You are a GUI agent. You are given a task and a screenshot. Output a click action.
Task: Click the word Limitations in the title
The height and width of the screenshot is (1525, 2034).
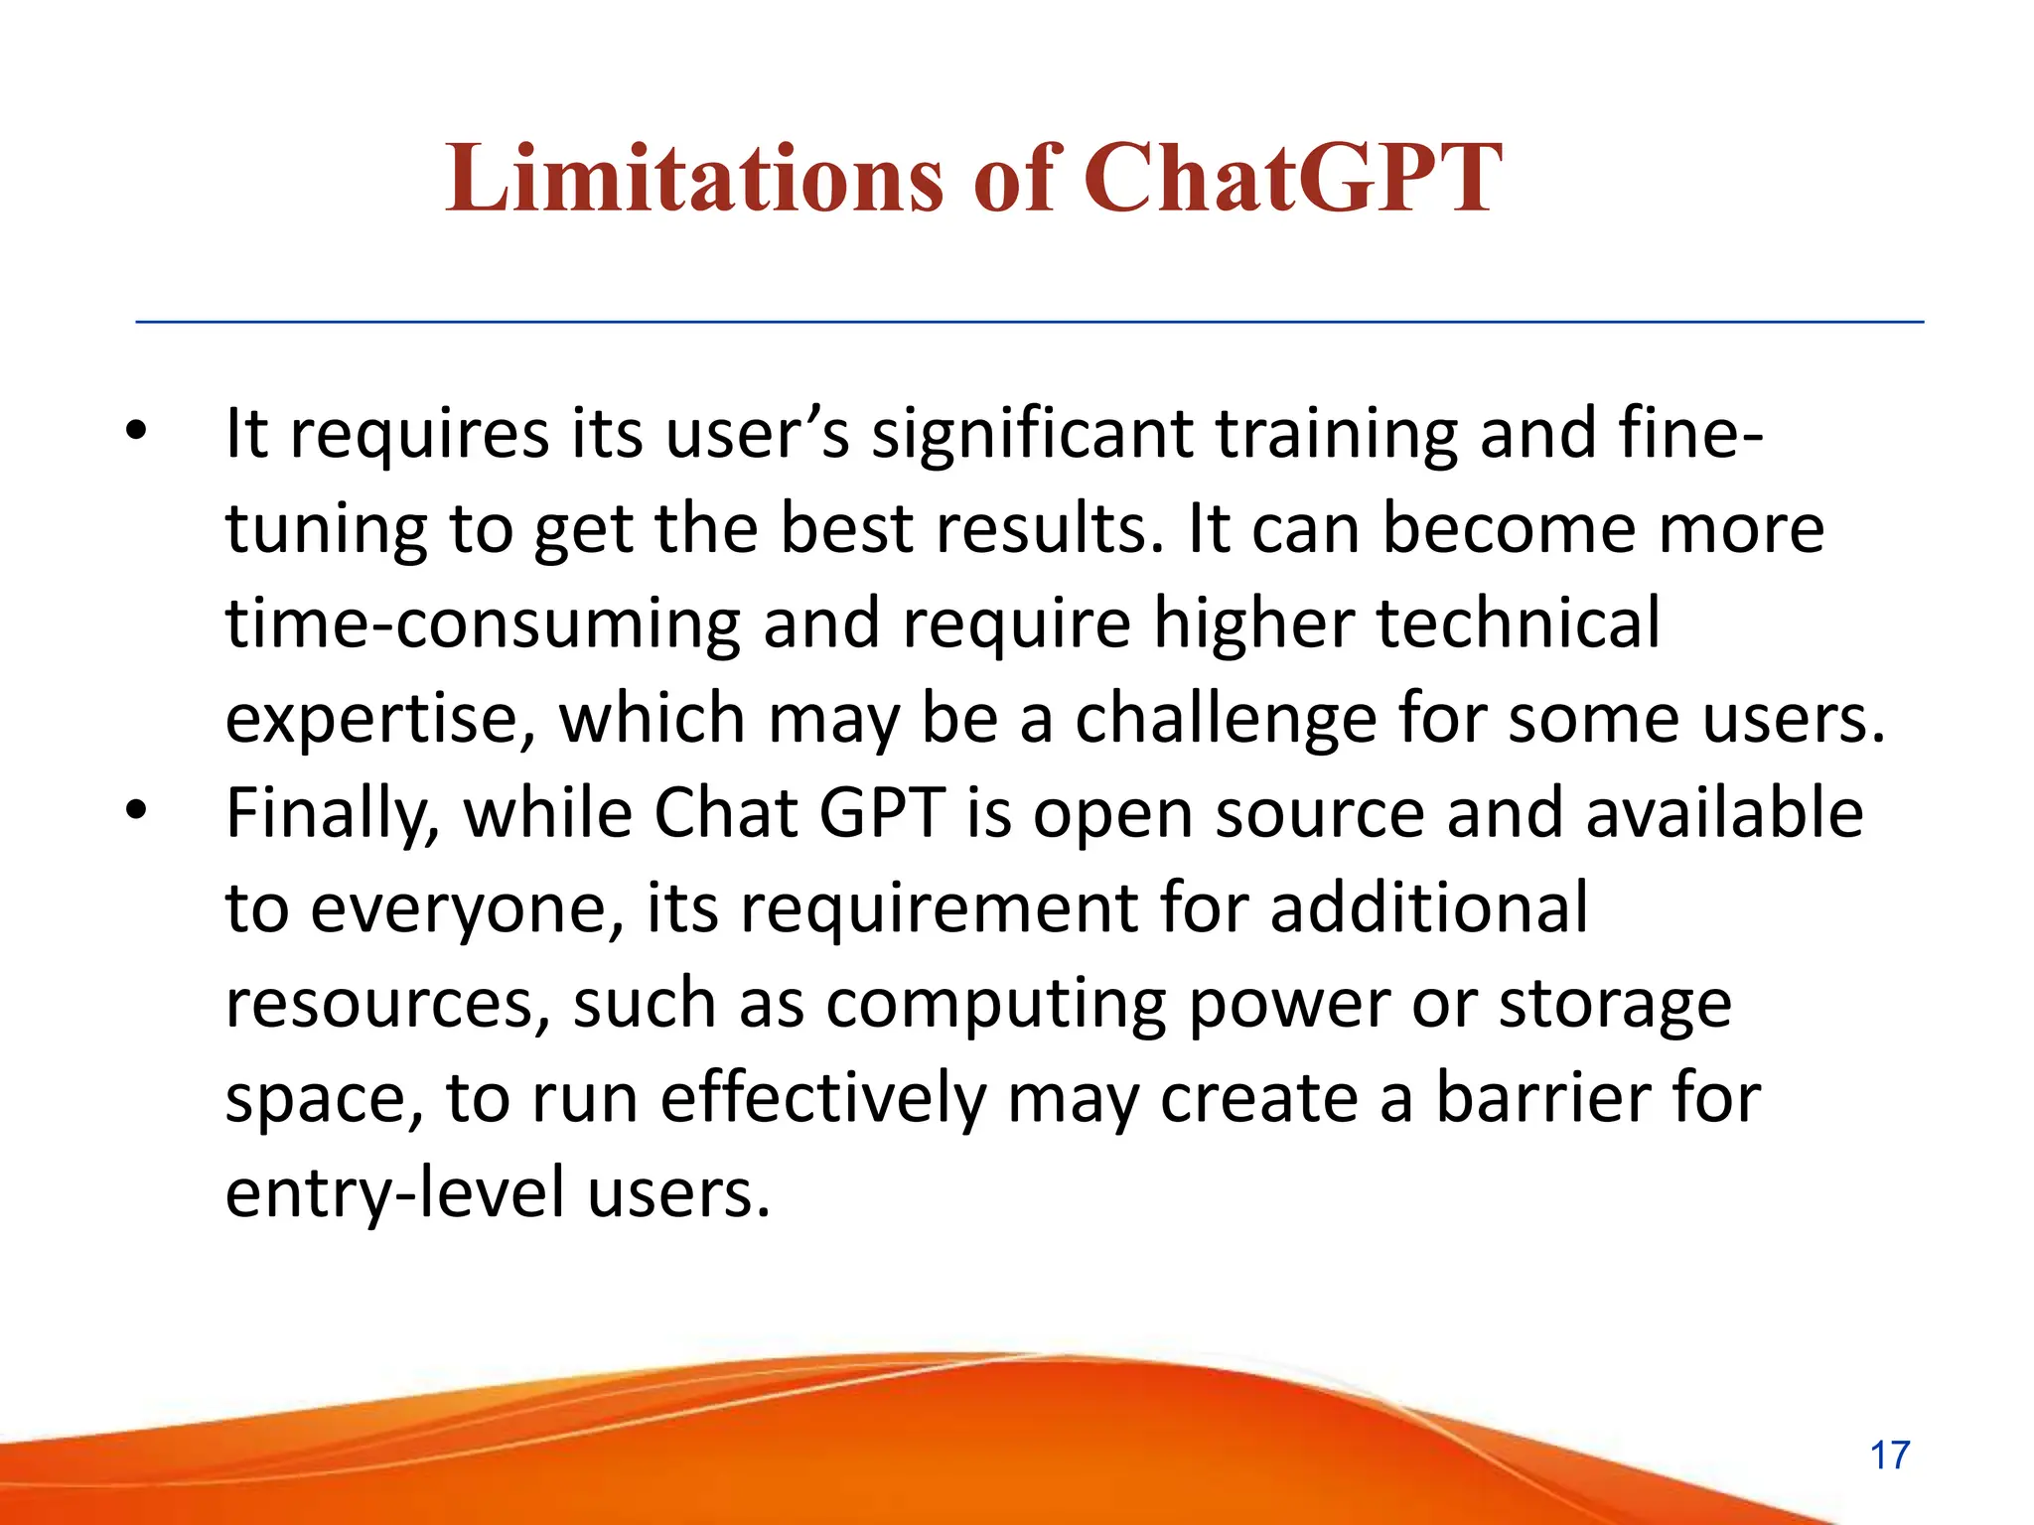coord(692,179)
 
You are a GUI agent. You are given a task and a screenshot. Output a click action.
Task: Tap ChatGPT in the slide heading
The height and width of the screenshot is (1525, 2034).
coord(1291,179)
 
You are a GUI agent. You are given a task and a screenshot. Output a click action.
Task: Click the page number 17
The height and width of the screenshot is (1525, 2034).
coord(1889,1456)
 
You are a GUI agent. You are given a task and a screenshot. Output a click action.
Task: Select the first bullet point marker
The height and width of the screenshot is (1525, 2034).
coord(136,431)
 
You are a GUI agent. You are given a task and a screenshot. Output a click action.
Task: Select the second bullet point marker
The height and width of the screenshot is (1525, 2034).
coord(136,811)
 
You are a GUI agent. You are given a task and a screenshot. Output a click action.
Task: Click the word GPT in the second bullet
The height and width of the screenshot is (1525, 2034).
coord(881,812)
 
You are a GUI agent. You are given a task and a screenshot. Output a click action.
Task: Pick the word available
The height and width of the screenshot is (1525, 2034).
coord(1724,812)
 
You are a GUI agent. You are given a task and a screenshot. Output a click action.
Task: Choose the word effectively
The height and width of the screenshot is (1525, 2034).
coord(823,1098)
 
